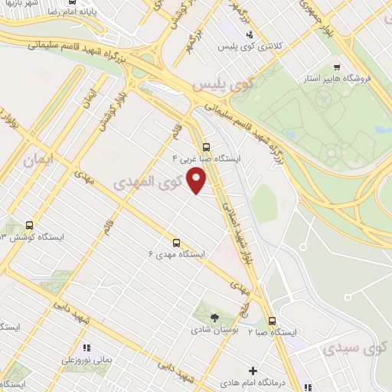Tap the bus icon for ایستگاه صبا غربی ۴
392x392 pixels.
(x=205, y=147)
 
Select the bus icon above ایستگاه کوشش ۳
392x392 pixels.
(x=29, y=225)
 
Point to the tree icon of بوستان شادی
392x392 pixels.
(x=214, y=318)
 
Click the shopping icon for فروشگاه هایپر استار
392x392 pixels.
(x=338, y=67)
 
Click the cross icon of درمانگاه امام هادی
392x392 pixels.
(x=253, y=371)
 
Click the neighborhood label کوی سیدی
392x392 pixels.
(x=353, y=348)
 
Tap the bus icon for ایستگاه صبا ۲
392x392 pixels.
(x=272, y=320)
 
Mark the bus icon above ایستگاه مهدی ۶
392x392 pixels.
(x=176, y=240)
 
